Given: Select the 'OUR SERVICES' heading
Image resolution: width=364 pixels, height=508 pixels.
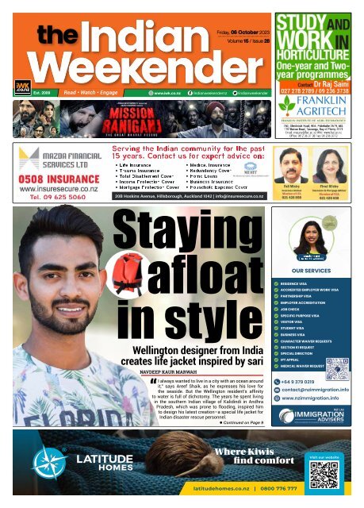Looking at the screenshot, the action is click(316, 270).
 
